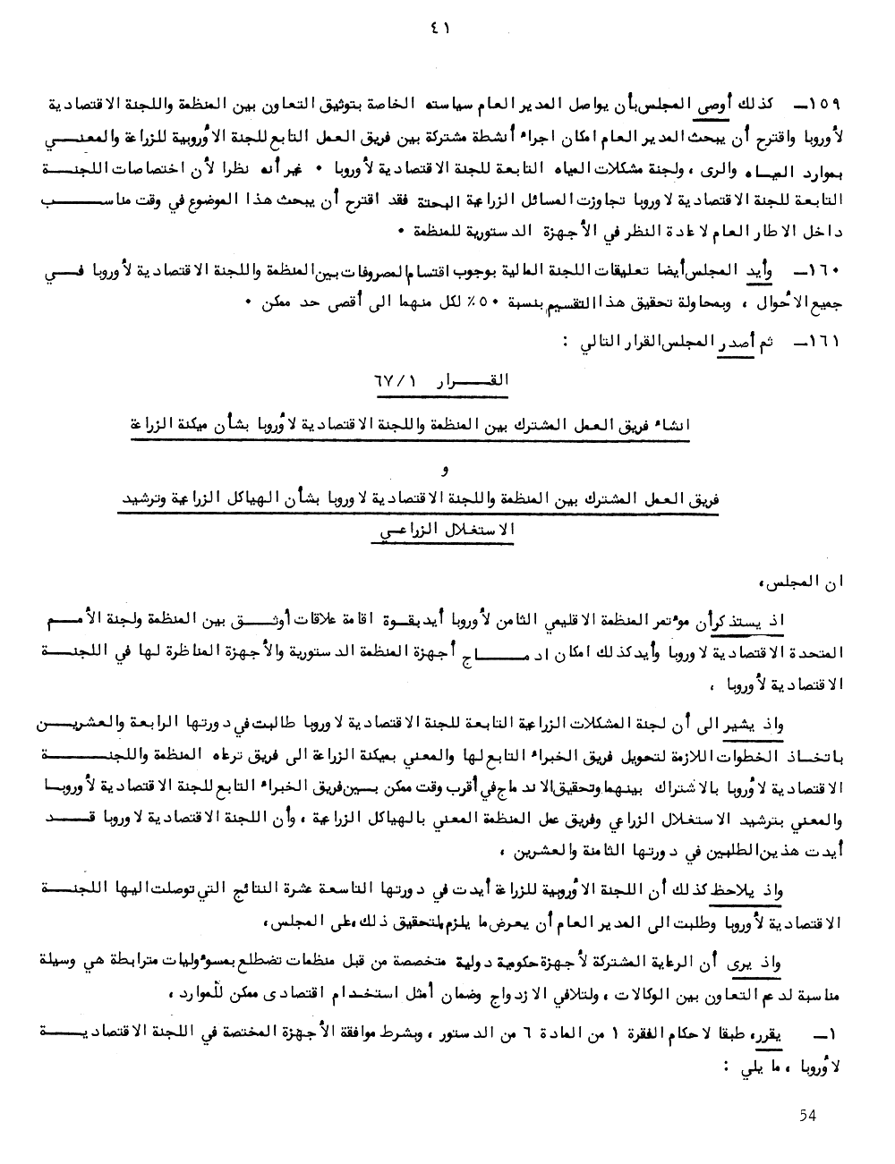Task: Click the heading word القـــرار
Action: [472, 381]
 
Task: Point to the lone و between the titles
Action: [447, 470]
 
